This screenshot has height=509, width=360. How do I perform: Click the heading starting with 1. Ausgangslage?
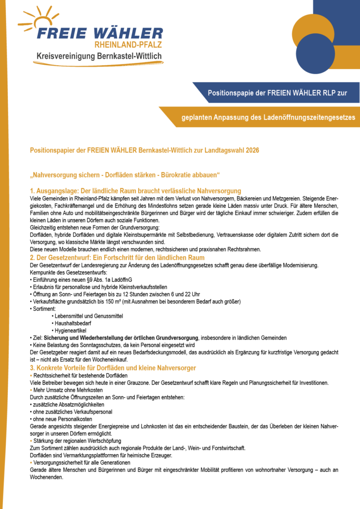[135, 191]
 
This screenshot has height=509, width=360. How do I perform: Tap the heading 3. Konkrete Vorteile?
[113, 368]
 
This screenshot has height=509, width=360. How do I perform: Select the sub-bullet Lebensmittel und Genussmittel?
[82, 316]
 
